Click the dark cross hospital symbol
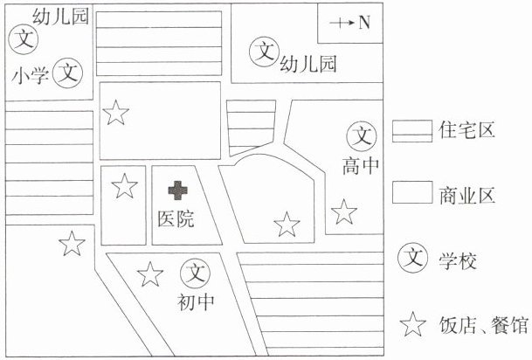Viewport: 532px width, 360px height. (178, 190)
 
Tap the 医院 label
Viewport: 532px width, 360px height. (176, 218)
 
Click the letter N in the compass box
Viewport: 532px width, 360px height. (364, 23)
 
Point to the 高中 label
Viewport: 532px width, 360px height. (361, 166)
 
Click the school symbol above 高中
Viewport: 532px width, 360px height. (362, 136)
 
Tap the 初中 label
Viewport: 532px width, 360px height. (196, 301)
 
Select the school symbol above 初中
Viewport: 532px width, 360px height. (196, 273)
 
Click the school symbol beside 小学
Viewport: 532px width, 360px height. (68, 73)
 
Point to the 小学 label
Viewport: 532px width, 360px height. (31, 75)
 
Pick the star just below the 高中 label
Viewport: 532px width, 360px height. (344, 212)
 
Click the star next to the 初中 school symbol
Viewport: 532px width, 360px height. (150, 274)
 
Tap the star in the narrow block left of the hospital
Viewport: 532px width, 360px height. (125, 186)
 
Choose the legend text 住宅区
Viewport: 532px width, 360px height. (466, 130)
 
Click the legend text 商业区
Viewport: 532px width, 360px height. (466, 195)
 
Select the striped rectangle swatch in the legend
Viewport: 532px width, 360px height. (412, 131)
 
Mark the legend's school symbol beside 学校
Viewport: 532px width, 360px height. (413, 258)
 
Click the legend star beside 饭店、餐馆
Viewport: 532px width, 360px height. (412, 325)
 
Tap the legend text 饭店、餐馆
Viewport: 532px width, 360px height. (484, 325)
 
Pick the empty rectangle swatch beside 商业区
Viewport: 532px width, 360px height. (412, 192)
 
